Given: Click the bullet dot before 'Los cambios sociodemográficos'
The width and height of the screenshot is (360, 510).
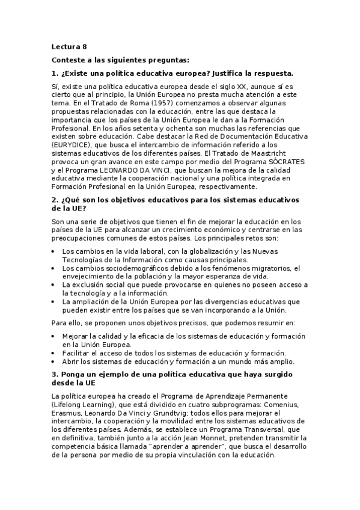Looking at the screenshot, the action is [55, 268].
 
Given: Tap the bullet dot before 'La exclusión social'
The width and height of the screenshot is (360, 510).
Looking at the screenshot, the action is [55, 284].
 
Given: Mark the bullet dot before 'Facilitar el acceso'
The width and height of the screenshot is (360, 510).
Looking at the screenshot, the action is [55, 353].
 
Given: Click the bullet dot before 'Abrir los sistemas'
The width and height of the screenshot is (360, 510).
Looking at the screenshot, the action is [55, 361].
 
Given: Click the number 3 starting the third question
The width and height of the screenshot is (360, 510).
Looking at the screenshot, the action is [54, 375].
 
